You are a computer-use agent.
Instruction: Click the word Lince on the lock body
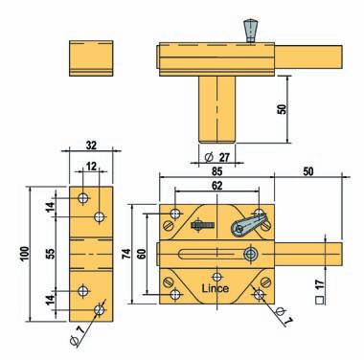pyautogui.click(x=216, y=288)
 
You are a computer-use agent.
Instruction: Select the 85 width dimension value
pyautogui.click(x=216, y=171)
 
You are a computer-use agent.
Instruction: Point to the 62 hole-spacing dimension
pyautogui.click(x=216, y=186)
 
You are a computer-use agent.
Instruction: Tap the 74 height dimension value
pyautogui.click(x=126, y=254)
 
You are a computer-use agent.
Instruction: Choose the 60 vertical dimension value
pyautogui.click(x=142, y=254)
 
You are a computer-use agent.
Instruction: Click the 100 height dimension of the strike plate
pyautogui.click(x=25, y=254)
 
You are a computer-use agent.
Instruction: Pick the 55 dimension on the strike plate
pyautogui.click(x=51, y=254)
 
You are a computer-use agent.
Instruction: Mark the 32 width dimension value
pyautogui.click(x=91, y=146)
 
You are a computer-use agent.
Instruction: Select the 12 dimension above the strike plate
pyautogui.click(x=91, y=166)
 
